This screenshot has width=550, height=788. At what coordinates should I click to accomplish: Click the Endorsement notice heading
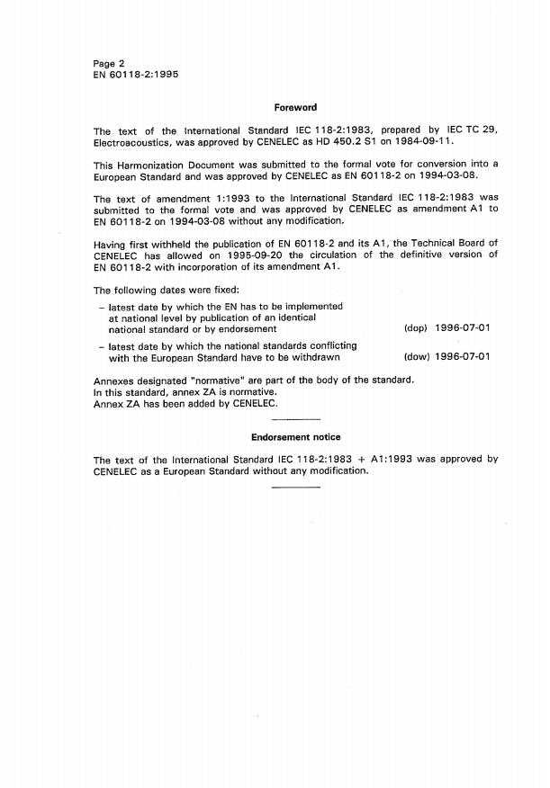pyautogui.click(x=295, y=437)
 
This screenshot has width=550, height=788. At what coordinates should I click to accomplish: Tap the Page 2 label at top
pyautogui.click(x=109, y=64)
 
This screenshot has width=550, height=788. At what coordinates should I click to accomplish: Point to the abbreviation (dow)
pyautogui.click(x=416, y=356)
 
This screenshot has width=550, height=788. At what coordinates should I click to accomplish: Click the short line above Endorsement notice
pyautogui.click(x=295, y=421)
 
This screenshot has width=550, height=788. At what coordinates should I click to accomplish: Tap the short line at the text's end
pyautogui.click(x=295, y=487)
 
